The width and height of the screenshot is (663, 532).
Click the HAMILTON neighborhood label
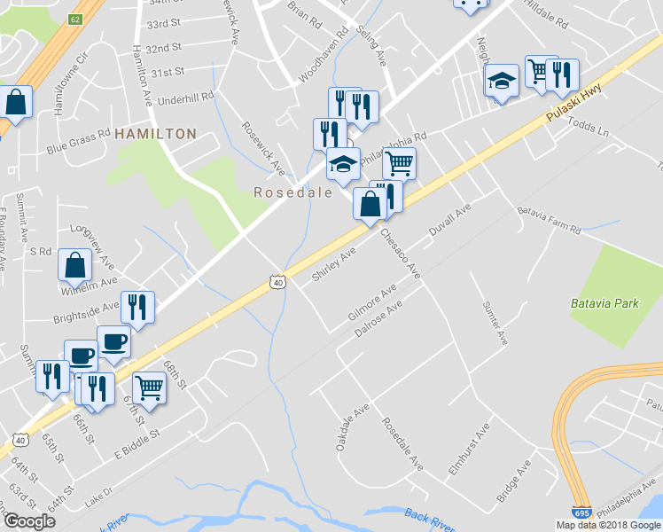[155, 133]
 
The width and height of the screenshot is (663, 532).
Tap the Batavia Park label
[605, 303]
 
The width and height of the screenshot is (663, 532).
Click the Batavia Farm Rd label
[550, 223]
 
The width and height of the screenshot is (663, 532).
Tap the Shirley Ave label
[333, 266]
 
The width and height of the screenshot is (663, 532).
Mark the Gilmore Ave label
[371, 303]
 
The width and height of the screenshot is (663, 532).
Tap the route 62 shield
[75, 19]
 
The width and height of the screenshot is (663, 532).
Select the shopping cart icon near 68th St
[150, 387]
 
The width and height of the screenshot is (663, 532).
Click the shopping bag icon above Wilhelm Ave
[75, 264]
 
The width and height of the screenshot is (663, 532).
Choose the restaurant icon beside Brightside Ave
[137, 307]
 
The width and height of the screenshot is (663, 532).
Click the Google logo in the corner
[29, 521]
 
